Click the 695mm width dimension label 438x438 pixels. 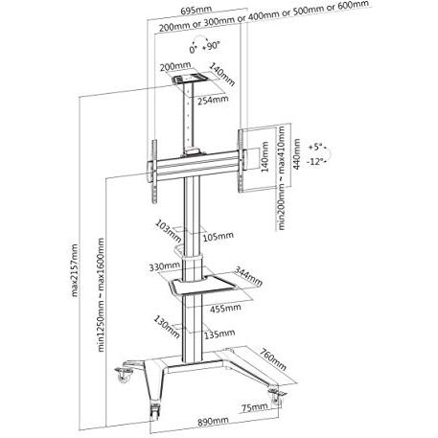196,11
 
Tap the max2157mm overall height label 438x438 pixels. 75,270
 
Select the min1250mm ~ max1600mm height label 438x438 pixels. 101,295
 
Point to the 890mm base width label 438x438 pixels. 213,422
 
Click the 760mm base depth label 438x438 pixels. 273,359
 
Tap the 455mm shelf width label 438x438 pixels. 225,309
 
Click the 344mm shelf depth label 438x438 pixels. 248,276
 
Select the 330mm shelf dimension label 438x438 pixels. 164,266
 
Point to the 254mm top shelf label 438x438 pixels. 213,100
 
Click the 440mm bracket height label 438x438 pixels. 296,154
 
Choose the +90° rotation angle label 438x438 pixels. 212,46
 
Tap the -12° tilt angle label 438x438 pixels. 316,162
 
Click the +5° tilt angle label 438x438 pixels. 316,148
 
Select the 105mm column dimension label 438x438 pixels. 219,237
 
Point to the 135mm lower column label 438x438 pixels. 219,334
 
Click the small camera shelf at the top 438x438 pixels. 190,79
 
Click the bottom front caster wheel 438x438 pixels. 154,410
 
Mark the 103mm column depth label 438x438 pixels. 168,231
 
